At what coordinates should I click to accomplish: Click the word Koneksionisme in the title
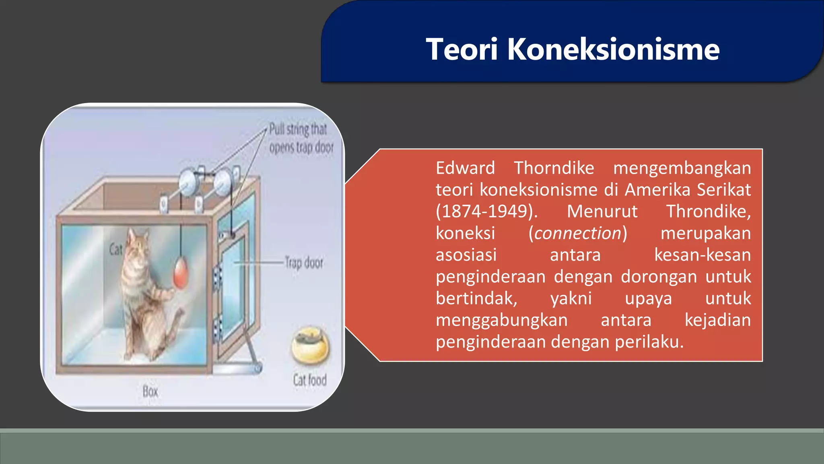tap(613, 49)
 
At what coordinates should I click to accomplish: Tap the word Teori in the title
tap(462, 49)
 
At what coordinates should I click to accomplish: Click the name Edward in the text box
tap(465, 168)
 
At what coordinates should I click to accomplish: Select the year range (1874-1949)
tap(487, 211)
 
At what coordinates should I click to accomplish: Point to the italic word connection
tap(578, 233)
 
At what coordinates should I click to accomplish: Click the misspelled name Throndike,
tap(708, 211)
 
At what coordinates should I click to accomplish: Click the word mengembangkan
tap(682, 168)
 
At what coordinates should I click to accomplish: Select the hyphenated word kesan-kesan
tap(702, 255)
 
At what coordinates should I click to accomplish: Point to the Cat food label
tap(309, 380)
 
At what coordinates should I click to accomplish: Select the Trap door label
tap(304, 263)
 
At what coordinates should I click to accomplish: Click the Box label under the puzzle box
tap(150, 391)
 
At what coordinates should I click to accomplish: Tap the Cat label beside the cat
tap(115, 249)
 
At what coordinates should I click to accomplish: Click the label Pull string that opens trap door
tap(301, 138)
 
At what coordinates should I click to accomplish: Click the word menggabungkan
tap(501, 320)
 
